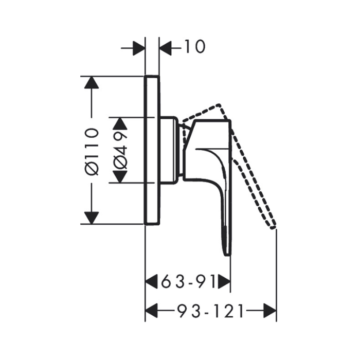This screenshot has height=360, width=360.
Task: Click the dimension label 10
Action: click(x=195, y=47)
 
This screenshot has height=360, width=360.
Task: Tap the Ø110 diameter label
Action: click(x=92, y=152)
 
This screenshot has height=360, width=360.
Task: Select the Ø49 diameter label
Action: click(x=120, y=150)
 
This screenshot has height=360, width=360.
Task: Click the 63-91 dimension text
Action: click(x=188, y=281)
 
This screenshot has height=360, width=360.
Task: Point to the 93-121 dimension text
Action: click(x=211, y=311)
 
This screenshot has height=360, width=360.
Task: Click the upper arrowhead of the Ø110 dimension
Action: click(x=92, y=82)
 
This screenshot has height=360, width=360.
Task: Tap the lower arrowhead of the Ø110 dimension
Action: click(x=92, y=218)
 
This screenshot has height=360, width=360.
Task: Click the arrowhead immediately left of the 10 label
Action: click(x=166, y=48)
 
